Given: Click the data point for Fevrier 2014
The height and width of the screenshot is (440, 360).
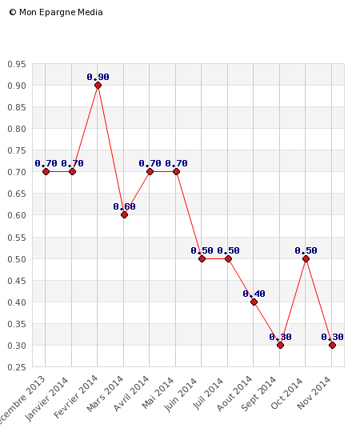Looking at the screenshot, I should pyautogui.click(x=98, y=85).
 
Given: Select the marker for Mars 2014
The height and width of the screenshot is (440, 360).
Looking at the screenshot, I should pyautogui.click(x=124, y=214).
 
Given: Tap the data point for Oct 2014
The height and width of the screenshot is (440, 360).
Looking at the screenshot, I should pyautogui.click(x=306, y=258).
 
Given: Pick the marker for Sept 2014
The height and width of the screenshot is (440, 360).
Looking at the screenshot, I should pyautogui.click(x=280, y=345).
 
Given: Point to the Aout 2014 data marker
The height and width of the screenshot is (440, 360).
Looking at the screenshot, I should pyautogui.click(x=254, y=302).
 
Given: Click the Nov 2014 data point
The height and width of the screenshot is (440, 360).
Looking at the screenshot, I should pyautogui.click(x=332, y=345).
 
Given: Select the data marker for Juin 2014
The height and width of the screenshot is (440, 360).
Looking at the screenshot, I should pyautogui.click(x=202, y=258).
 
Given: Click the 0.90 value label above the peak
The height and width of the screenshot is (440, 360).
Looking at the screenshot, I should pyautogui.click(x=98, y=77).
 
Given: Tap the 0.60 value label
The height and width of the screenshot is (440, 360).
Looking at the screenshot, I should pyautogui.click(x=124, y=206).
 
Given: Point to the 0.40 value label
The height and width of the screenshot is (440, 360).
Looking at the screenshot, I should pyautogui.click(x=254, y=294).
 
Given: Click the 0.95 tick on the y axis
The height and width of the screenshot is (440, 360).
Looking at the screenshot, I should pyautogui.click(x=16, y=64).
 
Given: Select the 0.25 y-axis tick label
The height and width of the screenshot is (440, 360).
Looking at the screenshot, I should pyautogui.click(x=16, y=367).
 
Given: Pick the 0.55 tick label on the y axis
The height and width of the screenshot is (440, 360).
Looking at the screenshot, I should pyautogui.click(x=16, y=238).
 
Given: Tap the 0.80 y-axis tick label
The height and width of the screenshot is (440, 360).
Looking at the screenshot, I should pyautogui.click(x=16, y=129).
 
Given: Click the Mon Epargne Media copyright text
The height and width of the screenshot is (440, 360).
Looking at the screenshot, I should pyautogui.click(x=56, y=12).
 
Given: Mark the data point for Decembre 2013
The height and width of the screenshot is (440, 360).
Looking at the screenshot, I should pyautogui.click(x=46, y=171).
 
